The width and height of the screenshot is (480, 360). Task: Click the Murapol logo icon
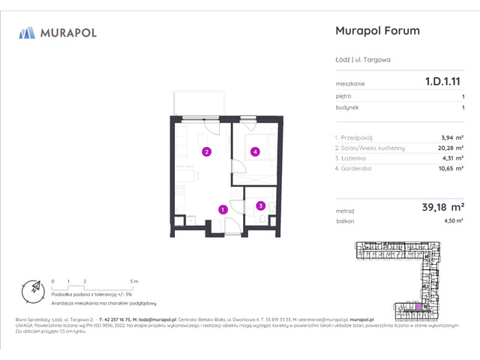27,32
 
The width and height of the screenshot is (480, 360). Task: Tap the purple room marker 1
222,209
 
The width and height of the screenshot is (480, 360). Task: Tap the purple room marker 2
205,152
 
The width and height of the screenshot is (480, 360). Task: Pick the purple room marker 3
259,205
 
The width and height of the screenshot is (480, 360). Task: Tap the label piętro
343,97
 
